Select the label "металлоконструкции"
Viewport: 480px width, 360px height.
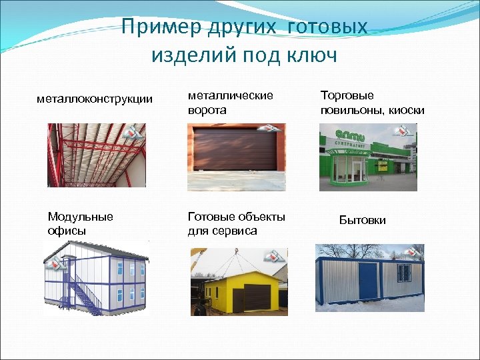pyautogui.click(x=94, y=99)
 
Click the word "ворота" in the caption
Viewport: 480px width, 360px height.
pyautogui.click(x=207, y=110)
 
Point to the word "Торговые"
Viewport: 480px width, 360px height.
pyautogui.click(x=347, y=96)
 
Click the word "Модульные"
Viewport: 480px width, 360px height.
pyautogui.click(x=80, y=217)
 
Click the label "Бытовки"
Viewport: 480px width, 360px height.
pyautogui.click(x=362, y=220)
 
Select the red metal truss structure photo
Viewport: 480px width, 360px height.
pyautogui.click(x=97, y=155)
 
